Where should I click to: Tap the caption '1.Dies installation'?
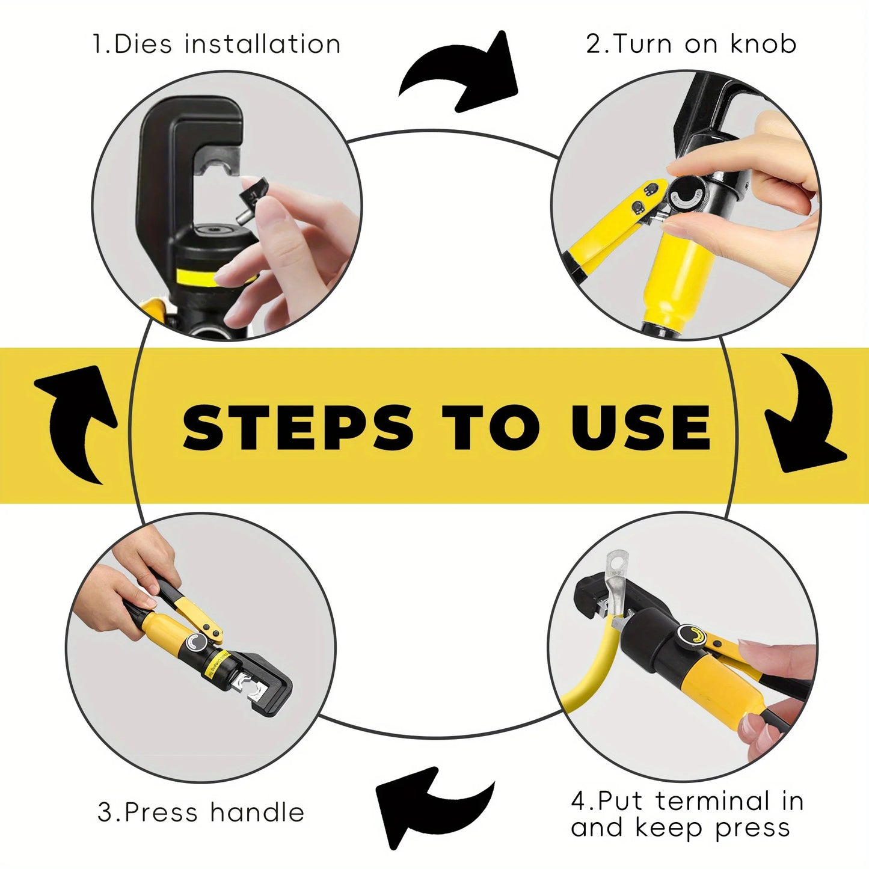tap(216, 45)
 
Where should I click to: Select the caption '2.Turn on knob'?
tap(691, 45)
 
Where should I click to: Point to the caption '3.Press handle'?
tap(201, 812)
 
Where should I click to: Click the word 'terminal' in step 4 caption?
tap(713, 801)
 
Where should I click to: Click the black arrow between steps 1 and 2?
tap(463, 75)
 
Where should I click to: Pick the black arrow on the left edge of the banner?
tap(78, 421)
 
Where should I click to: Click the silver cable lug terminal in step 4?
tap(616, 577)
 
